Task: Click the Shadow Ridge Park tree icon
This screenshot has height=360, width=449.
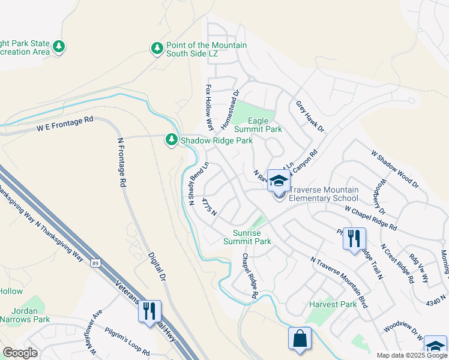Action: coord(172,140)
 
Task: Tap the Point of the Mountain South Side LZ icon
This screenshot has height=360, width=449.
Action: coord(157,47)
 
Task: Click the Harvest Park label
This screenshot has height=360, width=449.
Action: coord(333,304)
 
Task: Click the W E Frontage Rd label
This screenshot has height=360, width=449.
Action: coord(65,124)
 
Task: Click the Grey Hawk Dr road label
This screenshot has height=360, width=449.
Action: coord(310,116)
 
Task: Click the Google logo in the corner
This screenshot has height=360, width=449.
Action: coord(20,352)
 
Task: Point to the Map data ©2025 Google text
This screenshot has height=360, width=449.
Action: coord(411,355)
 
